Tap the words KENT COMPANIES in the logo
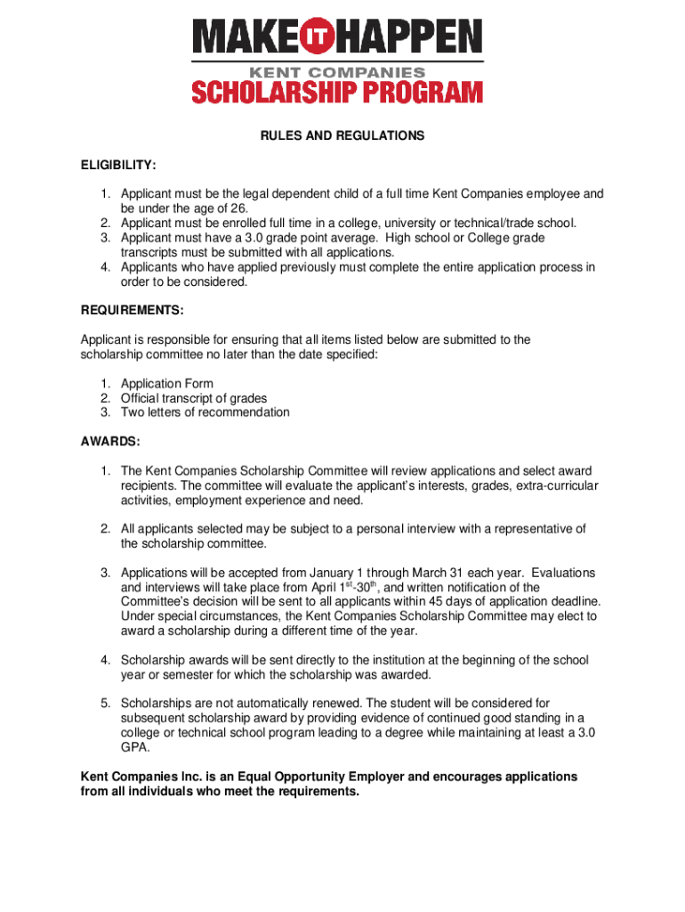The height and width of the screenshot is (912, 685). tap(338, 70)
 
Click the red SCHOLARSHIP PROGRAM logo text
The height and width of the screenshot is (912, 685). tap(338, 92)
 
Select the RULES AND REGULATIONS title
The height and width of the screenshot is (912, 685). tap(342, 136)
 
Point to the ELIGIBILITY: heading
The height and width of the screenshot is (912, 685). tap(118, 165)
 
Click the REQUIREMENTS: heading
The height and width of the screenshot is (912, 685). tap(133, 310)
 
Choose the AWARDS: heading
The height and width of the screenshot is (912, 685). tap(109, 442)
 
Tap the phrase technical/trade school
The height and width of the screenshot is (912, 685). tap(511, 224)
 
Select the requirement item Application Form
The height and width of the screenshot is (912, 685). tap(167, 384)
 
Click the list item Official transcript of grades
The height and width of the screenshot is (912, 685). tap(194, 398)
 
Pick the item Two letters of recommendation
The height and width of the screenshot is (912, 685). tap(205, 412)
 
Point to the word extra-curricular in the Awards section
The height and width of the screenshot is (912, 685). tap(554, 485)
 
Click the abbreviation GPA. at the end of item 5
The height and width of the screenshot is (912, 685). tap(135, 747)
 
